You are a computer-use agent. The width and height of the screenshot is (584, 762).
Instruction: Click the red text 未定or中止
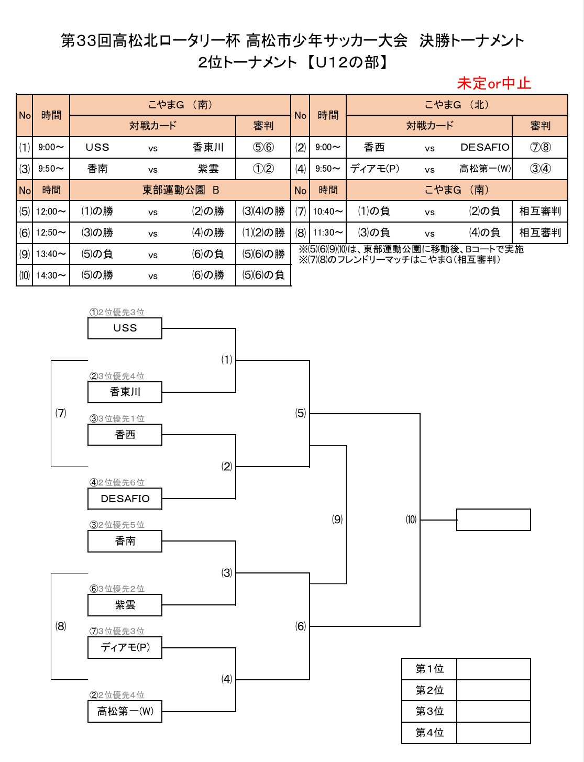coord(493,83)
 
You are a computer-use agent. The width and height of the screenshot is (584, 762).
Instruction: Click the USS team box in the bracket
coord(125,328)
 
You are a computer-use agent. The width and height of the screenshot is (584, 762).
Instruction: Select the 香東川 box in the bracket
coord(125,392)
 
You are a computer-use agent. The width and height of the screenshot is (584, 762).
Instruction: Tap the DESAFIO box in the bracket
coord(125,498)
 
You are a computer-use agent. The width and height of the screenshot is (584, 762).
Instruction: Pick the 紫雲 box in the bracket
coord(125,605)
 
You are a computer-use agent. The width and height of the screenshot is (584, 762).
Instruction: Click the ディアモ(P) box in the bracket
coord(125,647)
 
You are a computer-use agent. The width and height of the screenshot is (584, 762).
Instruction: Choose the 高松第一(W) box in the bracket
coord(125,712)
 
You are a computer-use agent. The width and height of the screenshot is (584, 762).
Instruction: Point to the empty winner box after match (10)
coord(493,520)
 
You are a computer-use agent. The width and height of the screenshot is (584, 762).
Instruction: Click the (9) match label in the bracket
coord(337,520)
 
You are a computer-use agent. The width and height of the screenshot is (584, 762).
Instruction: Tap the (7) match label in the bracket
coord(61,413)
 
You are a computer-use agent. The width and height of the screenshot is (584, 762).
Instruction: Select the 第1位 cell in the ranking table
coord(429,669)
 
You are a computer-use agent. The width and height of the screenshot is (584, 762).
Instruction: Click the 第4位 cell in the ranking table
coord(429,733)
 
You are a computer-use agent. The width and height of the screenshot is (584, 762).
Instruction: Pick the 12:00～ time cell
coord(51,211)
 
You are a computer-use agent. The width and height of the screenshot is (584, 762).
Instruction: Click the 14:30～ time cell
coord(51,275)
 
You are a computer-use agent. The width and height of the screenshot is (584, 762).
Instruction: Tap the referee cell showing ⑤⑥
coord(263,147)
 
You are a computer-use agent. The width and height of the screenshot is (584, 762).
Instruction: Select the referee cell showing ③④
coord(540,169)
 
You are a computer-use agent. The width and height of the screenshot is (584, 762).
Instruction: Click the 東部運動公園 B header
coord(180,190)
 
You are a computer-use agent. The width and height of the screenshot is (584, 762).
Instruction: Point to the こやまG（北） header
coord(457,105)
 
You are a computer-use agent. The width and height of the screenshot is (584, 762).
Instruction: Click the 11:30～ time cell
coord(328,233)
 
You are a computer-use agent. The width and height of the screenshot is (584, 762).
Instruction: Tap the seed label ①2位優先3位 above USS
coord(117,312)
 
